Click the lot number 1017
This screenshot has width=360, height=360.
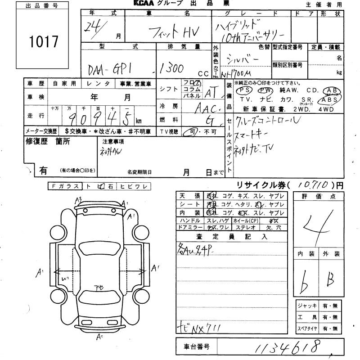tap(43, 41)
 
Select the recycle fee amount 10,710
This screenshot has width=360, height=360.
tap(310, 184)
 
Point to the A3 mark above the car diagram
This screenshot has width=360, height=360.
tap(78, 200)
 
